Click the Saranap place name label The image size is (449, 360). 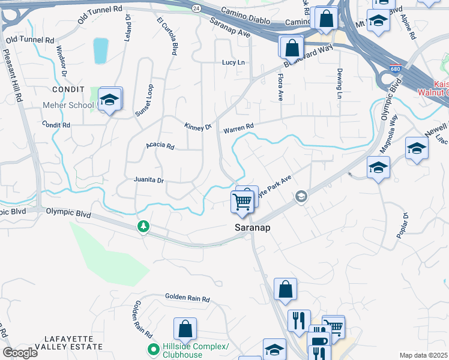point(251,229)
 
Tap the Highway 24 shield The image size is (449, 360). point(196,9)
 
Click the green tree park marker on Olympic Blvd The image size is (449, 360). point(143,226)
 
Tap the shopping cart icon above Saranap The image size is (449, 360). point(243,202)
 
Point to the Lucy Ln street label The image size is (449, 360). point(234,62)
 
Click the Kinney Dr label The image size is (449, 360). point(198,127)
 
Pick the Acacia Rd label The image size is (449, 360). point(160,146)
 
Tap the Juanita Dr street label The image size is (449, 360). point(149,181)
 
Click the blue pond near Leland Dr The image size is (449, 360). point(101,51)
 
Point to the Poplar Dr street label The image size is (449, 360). point(402,226)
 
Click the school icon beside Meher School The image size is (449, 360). point(110,100)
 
